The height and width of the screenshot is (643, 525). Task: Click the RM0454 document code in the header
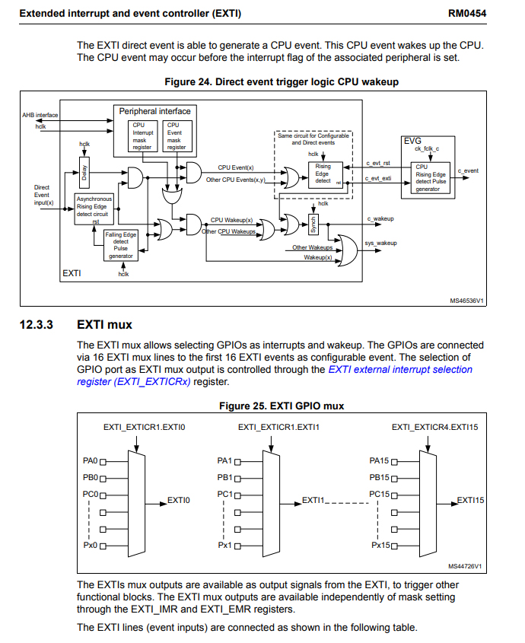point(466,14)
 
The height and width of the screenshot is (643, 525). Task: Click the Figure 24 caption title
point(282,82)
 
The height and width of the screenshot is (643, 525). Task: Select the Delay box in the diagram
point(84,173)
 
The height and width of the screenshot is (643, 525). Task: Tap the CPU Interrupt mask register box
point(142,136)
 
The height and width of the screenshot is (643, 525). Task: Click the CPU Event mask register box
point(177,136)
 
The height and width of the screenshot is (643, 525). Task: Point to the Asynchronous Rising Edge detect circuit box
point(94,209)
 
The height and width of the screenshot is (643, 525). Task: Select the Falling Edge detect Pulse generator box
point(120,245)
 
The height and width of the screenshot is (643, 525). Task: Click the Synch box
point(313,224)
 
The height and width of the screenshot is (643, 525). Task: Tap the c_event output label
point(468,170)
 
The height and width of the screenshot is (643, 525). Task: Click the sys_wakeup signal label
point(380,244)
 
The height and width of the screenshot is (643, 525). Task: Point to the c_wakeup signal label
point(380,218)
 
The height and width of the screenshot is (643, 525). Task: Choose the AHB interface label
point(40,115)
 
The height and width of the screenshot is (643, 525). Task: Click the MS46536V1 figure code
point(466,301)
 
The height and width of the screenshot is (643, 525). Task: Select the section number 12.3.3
point(36,325)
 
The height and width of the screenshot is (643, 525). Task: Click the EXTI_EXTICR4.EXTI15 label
point(434,428)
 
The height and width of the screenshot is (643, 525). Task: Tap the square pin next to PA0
point(103,462)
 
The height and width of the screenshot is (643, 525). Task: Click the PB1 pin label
point(224,477)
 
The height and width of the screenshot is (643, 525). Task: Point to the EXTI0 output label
point(178,500)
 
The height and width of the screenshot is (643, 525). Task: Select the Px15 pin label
point(380,546)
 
